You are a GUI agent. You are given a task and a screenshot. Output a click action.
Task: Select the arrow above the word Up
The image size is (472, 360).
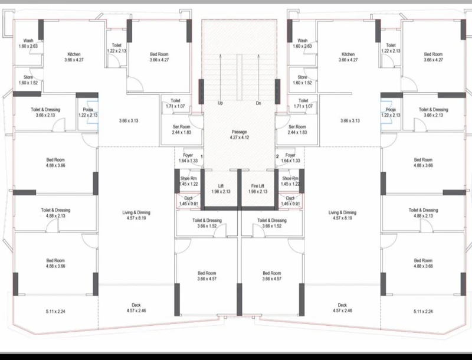pos(220,76)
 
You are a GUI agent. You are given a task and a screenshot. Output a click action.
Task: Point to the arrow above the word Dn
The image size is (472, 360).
pos(258,76)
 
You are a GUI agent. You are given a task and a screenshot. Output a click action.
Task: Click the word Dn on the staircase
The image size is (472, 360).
pos(258,103)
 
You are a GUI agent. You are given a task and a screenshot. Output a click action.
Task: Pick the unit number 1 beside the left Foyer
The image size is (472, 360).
pos(202,157)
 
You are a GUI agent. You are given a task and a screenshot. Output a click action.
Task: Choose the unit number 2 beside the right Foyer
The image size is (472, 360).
pos(277,156)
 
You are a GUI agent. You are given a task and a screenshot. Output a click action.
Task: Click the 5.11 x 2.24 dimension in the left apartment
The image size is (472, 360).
pos(55,312)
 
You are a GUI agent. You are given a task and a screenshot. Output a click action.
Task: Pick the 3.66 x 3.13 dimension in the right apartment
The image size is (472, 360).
pos(350,121)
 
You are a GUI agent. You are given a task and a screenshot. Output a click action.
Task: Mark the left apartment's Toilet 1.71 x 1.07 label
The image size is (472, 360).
pos(175,103)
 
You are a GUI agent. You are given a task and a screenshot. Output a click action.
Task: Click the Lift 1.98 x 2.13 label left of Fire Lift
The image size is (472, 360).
pos(221,189)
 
